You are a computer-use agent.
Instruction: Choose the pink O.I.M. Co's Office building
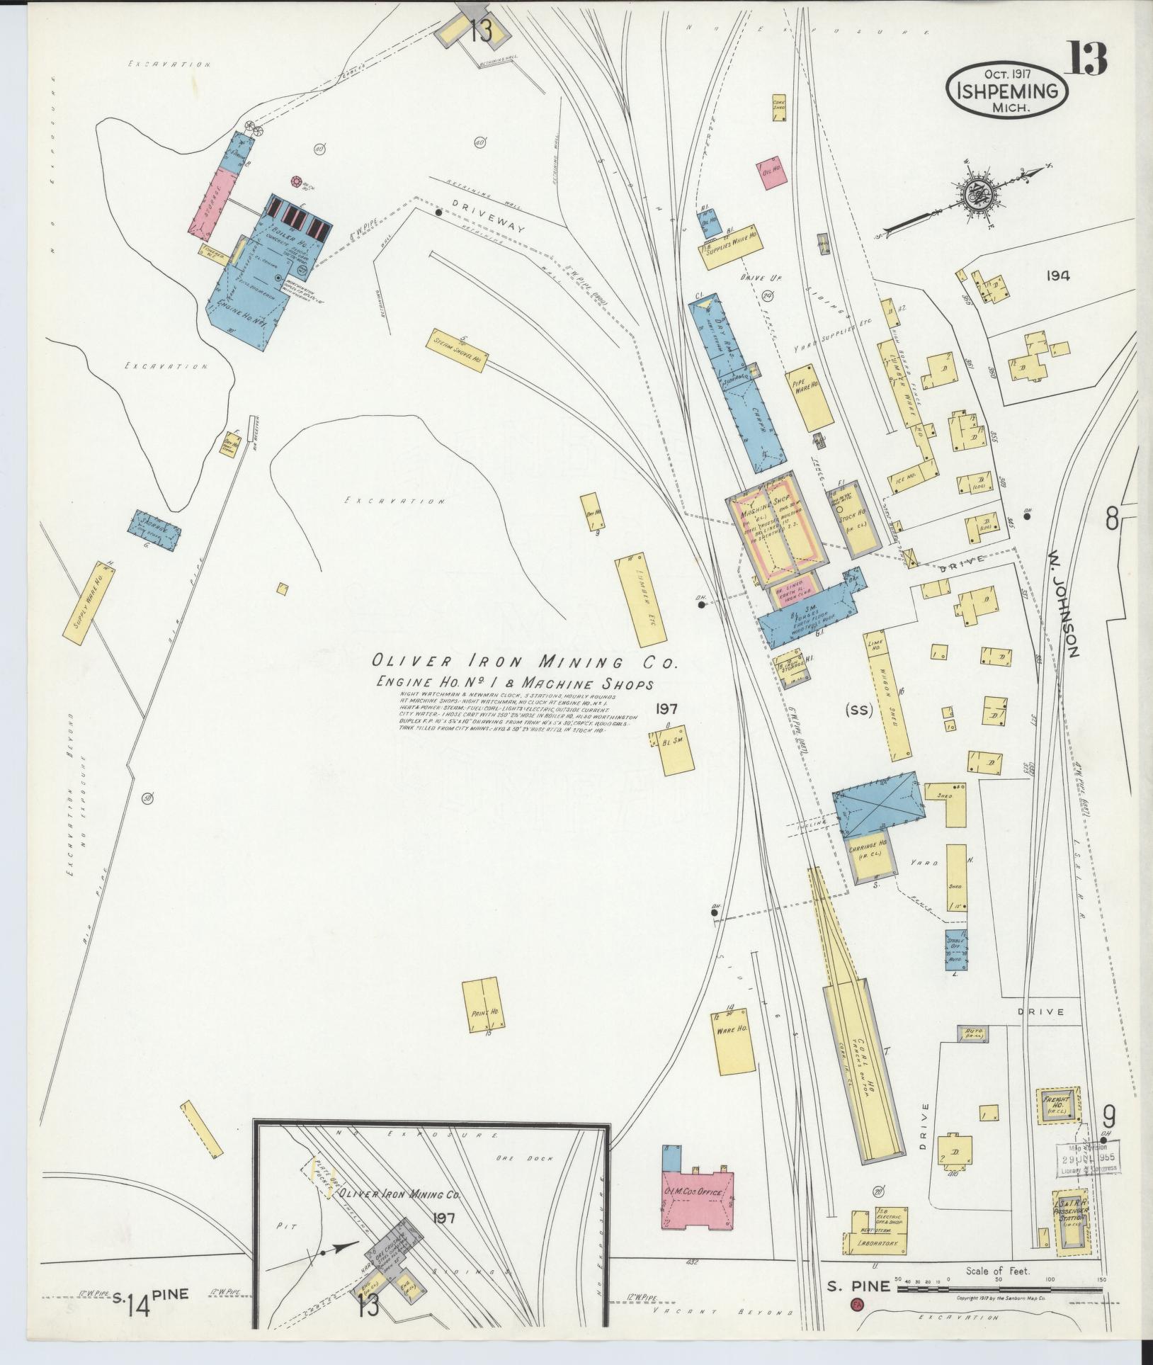(x=697, y=1193)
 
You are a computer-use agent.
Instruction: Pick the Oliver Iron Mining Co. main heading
(x=526, y=662)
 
